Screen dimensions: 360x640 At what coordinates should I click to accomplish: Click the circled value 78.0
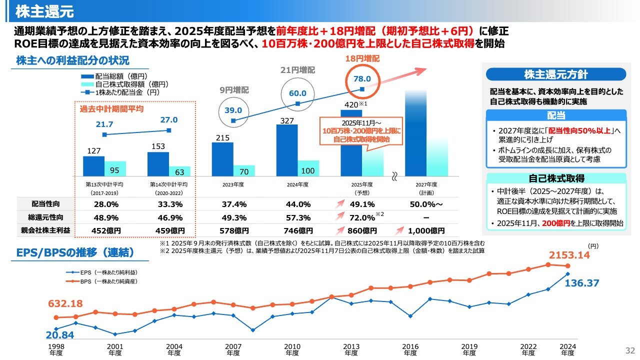point(361,78)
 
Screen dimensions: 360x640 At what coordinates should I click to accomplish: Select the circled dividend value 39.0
point(233,110)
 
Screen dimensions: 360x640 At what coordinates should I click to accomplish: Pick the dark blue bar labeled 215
point(222,159)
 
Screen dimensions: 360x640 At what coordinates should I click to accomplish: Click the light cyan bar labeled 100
point(308,168)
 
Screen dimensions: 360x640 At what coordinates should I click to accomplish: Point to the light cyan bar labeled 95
point(115,168)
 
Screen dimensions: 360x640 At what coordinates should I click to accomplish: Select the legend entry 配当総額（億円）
point(114,76)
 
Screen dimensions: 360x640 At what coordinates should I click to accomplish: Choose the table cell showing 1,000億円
point(426,230)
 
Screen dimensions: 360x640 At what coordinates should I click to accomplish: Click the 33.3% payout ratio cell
point(169,204)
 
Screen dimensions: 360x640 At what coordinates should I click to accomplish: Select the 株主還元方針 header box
point(555,74)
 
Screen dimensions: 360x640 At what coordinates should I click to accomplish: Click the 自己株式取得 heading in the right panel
point(556,178)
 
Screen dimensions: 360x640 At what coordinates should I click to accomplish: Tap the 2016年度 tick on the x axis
point(410,349)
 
